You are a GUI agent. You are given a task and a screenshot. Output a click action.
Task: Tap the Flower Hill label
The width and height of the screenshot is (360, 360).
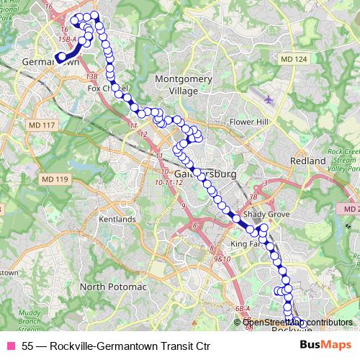point(248,122)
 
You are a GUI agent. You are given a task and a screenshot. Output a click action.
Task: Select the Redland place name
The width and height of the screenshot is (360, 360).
point(308,161)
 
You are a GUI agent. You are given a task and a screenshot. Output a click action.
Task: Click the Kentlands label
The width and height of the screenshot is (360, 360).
point(118,218)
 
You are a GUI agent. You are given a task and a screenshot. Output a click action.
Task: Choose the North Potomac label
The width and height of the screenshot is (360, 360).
point(112,287)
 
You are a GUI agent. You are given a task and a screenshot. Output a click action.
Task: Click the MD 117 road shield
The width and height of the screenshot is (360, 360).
point(41,125)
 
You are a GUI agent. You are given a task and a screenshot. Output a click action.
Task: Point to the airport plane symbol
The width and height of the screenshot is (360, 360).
point(269,99)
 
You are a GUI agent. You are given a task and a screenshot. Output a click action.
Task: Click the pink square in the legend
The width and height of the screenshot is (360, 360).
point(11,346)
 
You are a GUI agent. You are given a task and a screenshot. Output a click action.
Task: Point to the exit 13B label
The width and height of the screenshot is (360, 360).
point(91,75)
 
